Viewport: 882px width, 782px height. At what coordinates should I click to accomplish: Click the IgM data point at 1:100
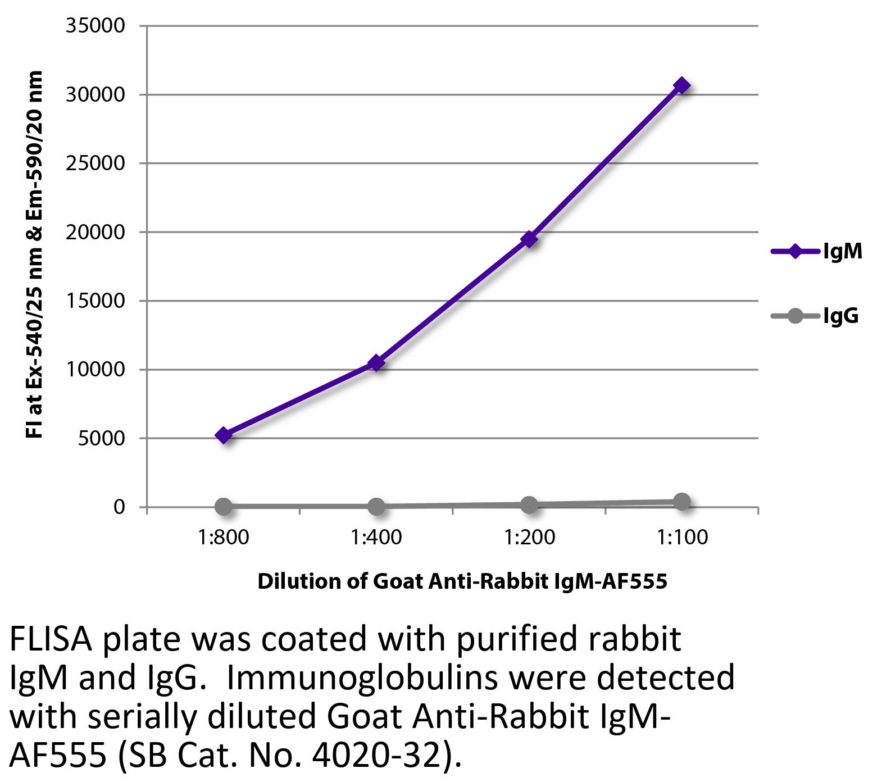point(681,86)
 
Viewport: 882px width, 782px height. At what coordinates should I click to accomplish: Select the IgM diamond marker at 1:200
point(529,240)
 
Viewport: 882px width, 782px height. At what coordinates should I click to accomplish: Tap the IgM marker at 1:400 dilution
point(376,363)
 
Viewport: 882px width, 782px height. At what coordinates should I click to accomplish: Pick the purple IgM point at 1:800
point(224,435)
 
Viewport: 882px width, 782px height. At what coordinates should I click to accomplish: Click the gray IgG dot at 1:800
point(224,506)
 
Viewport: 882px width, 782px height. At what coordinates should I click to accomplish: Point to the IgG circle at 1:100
point(681,502)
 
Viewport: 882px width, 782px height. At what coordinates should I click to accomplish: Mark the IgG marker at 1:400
point(376,506)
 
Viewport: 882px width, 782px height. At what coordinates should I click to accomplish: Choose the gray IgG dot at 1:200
point(529,504)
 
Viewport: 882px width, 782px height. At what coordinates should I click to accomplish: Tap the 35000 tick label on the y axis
point(95,26)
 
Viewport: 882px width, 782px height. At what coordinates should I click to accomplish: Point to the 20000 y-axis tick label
point(95,232)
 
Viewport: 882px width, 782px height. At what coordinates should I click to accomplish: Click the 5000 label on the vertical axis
point(101,438)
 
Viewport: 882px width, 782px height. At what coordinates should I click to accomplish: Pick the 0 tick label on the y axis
point(119,507)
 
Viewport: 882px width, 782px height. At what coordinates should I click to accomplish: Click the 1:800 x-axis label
point(224,538)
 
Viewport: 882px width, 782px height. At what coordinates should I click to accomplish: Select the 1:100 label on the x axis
point(682,538)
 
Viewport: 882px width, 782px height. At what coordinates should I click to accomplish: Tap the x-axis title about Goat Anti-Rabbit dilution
point(462,581)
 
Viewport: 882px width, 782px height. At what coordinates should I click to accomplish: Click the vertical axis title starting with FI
point(35,254)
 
